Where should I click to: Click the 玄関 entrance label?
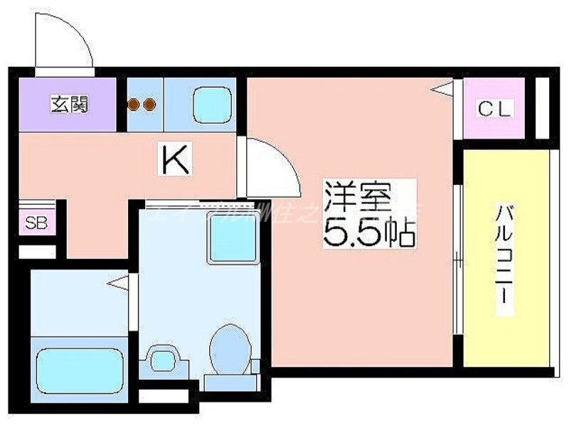69,105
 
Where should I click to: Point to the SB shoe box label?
35,223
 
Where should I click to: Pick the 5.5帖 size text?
368,233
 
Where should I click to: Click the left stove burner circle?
134,105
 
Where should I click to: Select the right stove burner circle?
149,105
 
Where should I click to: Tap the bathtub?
80,367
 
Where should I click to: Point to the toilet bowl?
229,348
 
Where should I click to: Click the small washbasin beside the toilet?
163,358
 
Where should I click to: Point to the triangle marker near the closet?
444,89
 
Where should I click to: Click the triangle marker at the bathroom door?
119,282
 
